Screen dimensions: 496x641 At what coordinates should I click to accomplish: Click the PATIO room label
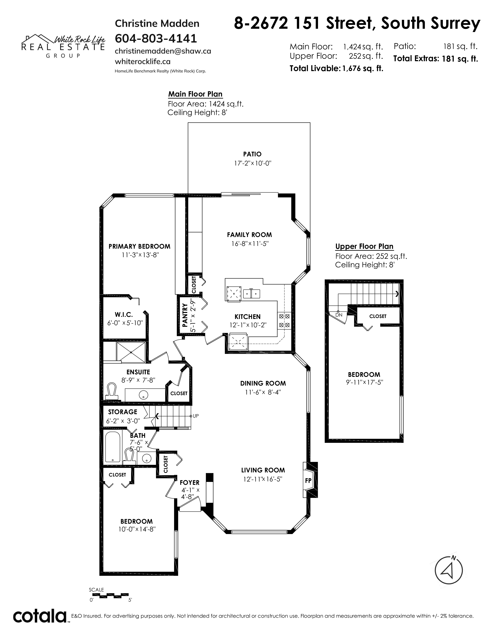[x=252, y=154]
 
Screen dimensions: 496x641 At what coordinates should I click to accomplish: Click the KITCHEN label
[x=247, y=317]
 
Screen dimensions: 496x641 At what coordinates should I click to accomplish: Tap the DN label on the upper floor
[x=339, y=315]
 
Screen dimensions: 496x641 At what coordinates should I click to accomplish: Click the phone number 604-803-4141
[x=156, y=38]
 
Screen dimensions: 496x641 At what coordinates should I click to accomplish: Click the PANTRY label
[x=185, y=315]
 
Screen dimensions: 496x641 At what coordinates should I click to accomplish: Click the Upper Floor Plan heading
[x=364, y=246]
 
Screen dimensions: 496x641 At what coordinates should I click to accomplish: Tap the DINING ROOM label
[x=263, y=383]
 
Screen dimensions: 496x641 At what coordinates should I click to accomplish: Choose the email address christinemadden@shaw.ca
[x=163, y=51]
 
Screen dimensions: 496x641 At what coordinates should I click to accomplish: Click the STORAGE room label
[x=123, y=412]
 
